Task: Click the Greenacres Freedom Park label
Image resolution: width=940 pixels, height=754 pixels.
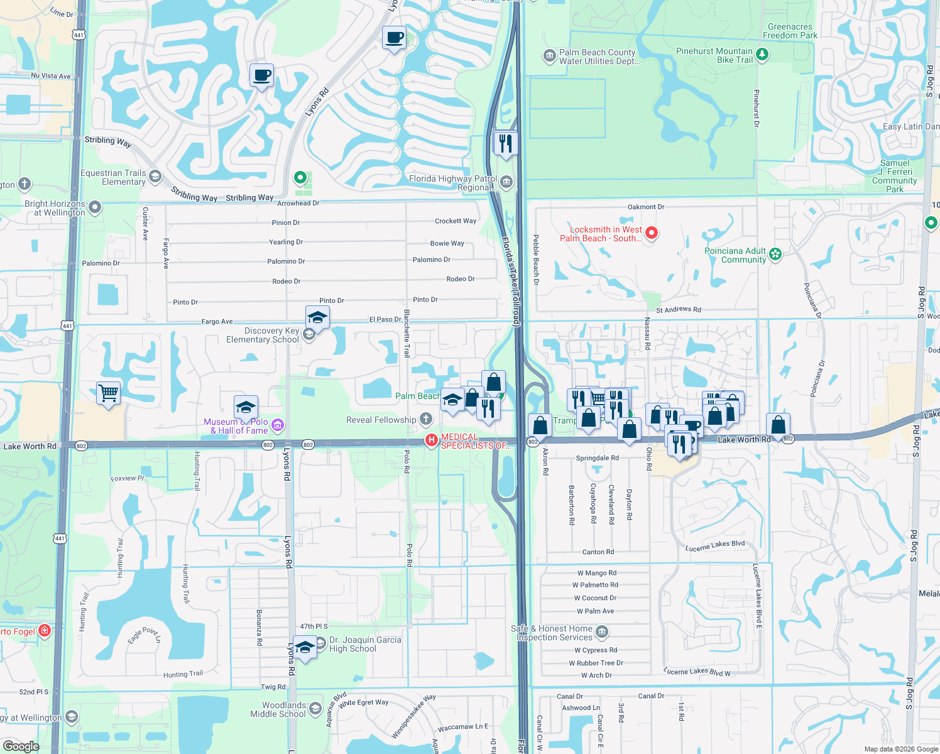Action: coord(790,31)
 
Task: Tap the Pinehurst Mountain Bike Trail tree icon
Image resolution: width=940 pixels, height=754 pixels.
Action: coord(762,55)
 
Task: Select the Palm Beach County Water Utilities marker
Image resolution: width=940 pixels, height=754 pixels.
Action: coord(550,57)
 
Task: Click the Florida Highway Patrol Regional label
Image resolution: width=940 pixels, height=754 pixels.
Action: coord(452,183)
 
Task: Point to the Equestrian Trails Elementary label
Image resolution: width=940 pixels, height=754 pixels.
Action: coord(113,177)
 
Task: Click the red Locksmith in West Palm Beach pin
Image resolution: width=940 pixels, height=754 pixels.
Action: coord(652,233)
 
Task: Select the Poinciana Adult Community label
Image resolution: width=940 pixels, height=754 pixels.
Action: coord(735,255)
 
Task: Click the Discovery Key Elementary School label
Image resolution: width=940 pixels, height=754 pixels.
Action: coord(263,335)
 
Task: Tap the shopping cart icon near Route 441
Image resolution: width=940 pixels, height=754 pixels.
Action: coord(108,394)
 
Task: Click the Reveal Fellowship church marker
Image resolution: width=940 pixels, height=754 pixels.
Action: coord(425,419)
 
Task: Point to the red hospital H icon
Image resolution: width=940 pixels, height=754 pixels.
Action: coord(431,440)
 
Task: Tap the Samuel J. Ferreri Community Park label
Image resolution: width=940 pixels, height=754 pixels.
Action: coord(894,176)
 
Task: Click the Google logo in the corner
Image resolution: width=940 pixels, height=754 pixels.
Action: coord(21,746)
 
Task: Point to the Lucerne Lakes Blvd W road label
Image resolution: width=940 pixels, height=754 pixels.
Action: coord(697,672)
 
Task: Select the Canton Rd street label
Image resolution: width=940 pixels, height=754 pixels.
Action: coord(598,552)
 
